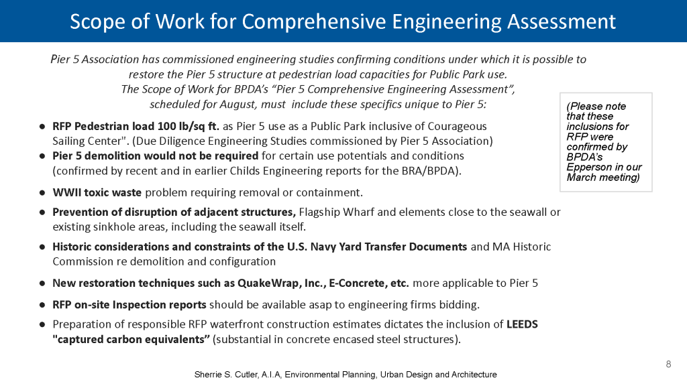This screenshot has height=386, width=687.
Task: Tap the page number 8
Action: [x=668, y=364]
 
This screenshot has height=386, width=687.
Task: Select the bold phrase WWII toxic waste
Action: [x=97, y=193]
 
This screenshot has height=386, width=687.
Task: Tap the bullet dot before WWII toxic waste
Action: [x=42, y=193]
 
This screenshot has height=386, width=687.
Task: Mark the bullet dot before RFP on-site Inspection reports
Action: [x=42, y=305]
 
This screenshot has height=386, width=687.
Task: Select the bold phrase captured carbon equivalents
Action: [x=131, y=339]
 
